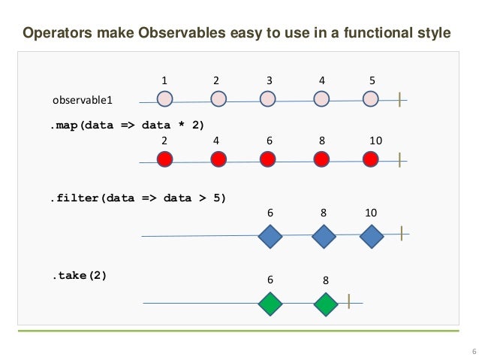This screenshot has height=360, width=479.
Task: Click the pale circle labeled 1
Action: click(x=164, y=98)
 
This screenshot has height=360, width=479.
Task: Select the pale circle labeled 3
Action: click(x=268, y=98)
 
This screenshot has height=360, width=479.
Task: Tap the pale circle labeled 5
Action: click(x=370, y=98)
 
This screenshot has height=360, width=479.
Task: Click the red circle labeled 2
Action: click(x=164, y=159)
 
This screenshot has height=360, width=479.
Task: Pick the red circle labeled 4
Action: click(x=218, y=159)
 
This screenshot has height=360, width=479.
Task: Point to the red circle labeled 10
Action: click(x=370, y=159)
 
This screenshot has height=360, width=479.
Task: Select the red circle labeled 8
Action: click(x=321, y=159)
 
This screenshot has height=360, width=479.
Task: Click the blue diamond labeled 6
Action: click(x=270, y=237)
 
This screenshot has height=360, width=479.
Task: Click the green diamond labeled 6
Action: click(x=270, y=304)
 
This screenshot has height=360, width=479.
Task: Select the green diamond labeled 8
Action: click(x=326, y=304)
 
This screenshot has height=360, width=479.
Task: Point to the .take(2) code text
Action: click(x=79, y=275)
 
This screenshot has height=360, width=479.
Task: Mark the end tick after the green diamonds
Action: click(x=349, y=302)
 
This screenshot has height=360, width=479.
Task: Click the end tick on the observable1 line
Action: click(x=400, y=98)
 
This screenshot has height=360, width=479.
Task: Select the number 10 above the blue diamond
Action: click(x=371, y=213)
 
